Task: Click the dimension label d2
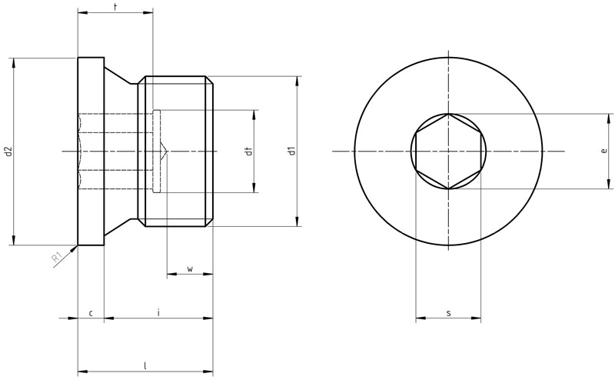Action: tap(8, 151)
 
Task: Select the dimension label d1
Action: tap(291, 151)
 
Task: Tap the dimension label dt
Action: tap(248, 151)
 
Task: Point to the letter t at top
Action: tap(115, 7)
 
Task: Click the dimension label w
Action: tap(190, 269)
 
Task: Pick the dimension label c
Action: tap(91, 313)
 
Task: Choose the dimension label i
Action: tap(158, 312)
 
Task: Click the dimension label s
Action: tap(449, 313)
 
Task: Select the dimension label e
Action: tap(604, 150)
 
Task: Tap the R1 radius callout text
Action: tap(57, 258)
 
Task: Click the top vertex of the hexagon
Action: tap(448, 114)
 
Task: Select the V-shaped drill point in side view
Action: tap(164, 151)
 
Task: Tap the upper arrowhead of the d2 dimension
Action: tap(14, 63)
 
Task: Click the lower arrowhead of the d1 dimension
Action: tap(298, 222)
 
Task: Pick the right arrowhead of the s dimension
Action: tap(476, 318)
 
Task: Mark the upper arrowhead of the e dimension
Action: tap(609, 119)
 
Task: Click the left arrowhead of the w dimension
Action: tap(172, 274)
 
